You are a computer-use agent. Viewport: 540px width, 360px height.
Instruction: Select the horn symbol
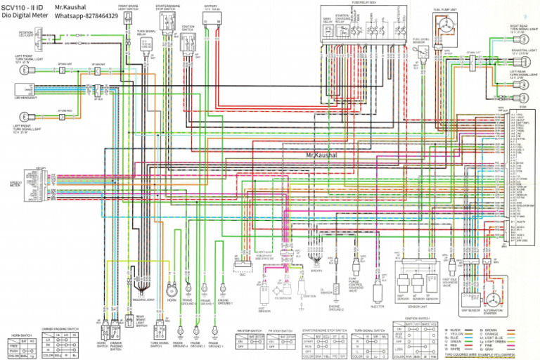[x=170, y=290]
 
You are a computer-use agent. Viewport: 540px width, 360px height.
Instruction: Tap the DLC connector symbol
[x=243, y=265]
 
